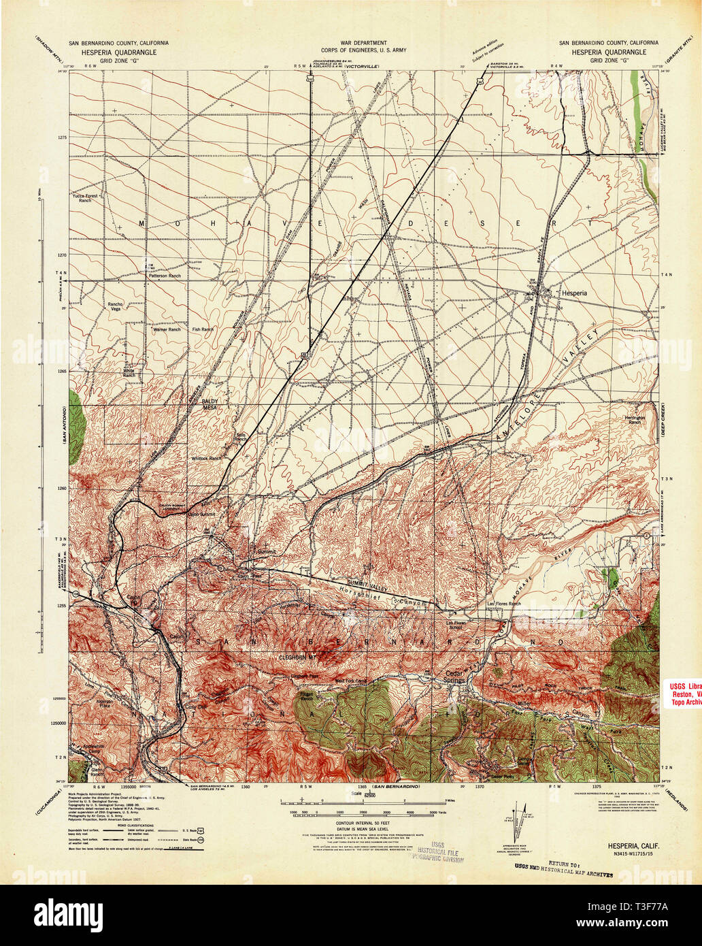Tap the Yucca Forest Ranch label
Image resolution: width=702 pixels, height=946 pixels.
88,198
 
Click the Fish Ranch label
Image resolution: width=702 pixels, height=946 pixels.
203,329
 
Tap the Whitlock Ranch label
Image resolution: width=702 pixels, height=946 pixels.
206,459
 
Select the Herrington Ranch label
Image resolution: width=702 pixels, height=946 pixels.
634,419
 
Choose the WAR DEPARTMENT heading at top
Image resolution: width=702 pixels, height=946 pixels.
351,42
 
